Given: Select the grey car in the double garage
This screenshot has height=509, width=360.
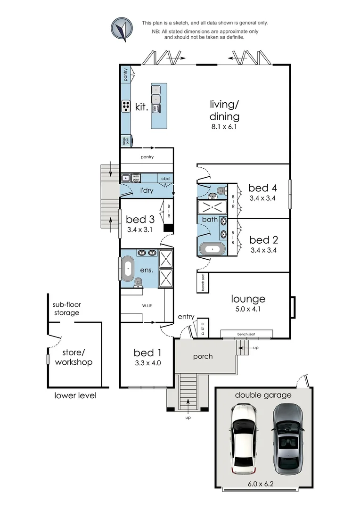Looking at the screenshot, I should pyautogui.click(x=287, y=437).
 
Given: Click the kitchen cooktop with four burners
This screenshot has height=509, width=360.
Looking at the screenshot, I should pyautogui.click(x=126, y=107).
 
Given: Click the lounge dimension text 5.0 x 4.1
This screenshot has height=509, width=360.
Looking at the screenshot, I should pyautogui.click(x=248, y=310).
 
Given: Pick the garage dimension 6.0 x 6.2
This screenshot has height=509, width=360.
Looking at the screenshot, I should pyautogui.click(x=263, y=483).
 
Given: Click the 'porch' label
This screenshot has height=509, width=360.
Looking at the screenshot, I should pyautogui.click(x=203, y=356).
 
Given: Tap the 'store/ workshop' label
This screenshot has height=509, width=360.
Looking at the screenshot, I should pyautogui.click(x=74, y=357).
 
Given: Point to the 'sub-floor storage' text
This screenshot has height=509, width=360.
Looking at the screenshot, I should pyautogui.click(x=65, y=309).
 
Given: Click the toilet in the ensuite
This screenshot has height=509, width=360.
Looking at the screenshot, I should pyautogui.click(x=138, y=282).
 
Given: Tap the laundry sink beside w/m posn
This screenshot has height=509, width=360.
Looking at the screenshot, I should pyautogui.click(x=126, y=178).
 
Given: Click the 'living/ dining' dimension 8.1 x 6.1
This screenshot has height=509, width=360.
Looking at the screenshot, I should pyautogui.click(x=224, y=127).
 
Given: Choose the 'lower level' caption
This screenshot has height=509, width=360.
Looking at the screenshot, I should pyautogui.click(x=75, y=395).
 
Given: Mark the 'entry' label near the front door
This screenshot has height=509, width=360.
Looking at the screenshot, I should pyautogui.click(x=186, y=317).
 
